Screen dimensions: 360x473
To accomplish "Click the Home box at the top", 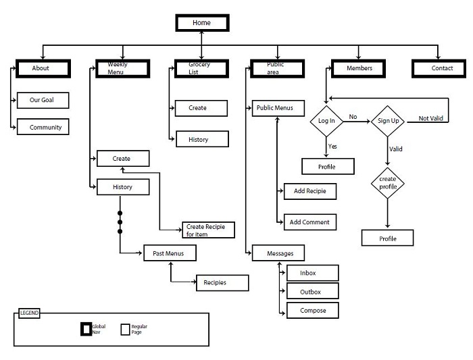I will (203, 23).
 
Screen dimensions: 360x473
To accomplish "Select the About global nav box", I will (41, 68).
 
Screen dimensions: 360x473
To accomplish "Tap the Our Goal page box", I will (42, 100).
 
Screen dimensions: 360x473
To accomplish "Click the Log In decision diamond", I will (327, 121).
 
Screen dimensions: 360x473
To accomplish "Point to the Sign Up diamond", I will (387, 121).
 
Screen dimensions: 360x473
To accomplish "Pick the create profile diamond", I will (387, 183).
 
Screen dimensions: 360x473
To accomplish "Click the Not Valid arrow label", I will (431, 118).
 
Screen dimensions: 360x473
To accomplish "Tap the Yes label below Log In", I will (332, 146).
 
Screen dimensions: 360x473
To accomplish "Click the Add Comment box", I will (309, 222).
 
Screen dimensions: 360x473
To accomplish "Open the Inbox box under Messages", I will (312, 273).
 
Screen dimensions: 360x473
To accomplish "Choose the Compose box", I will (312, 311).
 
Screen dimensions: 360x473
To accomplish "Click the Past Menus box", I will (170, 254).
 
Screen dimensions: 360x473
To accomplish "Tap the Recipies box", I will (221, 283).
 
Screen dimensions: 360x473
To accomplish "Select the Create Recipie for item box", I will (208, 230).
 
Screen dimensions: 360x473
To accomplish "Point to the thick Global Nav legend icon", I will (86, 330).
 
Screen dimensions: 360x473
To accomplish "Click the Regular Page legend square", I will (125, 330).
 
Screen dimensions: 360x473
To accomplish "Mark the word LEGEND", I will (29, 313).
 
